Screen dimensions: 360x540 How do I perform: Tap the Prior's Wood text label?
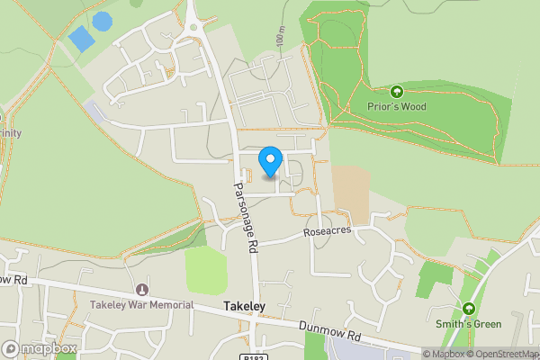(396, 106)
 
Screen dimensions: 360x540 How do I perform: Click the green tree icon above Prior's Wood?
(396, 91)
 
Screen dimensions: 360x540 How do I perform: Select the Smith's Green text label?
(467, 324)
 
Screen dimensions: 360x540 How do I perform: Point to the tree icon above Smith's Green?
(467, 309)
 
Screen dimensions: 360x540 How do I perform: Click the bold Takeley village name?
(244, 307)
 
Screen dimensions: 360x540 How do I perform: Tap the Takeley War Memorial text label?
(141, 305)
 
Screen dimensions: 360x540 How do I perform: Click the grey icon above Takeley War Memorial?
(141, 290)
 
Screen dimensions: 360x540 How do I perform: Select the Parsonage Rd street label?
(246, 217)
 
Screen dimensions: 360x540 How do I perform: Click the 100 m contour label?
(281, 37)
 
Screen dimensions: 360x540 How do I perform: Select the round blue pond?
(103, 20)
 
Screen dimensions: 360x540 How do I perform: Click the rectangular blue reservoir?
(81, 39)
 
